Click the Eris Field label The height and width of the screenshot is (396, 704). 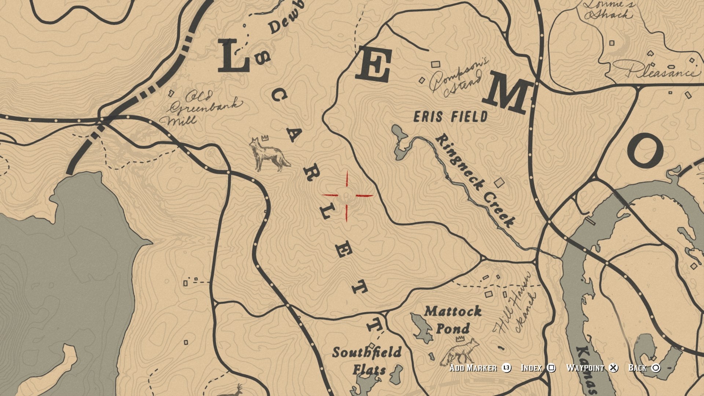(451, 117)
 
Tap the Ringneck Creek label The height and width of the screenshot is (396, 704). (475, 181)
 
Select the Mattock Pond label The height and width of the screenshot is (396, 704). (453, 320)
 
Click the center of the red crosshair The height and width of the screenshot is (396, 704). (347, 195)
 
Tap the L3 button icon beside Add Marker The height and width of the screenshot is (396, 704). (506, 368)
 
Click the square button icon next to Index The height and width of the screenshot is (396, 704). (551, 368)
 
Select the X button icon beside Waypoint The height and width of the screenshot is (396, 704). (613, 368)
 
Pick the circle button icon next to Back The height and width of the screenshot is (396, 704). (656, 368)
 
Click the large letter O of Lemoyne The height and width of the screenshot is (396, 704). (645, 150)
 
